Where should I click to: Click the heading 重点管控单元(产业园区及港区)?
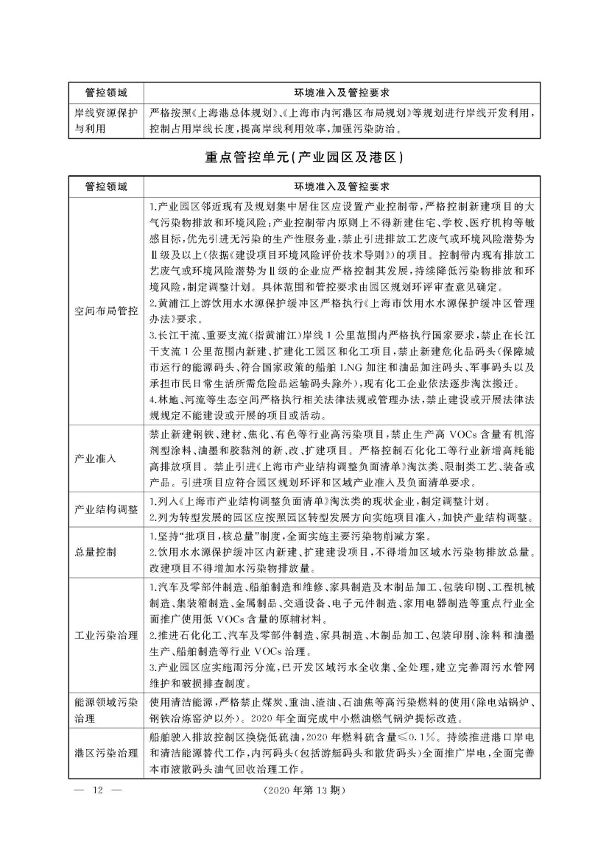304,157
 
